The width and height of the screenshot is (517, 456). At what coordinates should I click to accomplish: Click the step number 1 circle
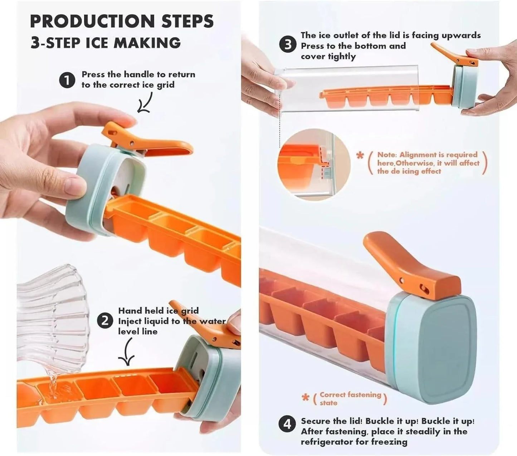pyautogui.click(x=67, y=80)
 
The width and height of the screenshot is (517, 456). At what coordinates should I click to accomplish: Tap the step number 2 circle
pyautogui.click(x=105, y=320)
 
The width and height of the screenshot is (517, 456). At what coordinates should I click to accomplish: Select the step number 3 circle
pyautogui.click(x=288, y=45)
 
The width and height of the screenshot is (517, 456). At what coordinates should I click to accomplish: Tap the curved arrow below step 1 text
pyautogui.click(x=145, y=103)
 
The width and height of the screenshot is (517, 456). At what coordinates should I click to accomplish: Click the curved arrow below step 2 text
pyautogui.click(x=127, y=353)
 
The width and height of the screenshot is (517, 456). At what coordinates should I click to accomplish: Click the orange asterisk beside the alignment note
pyautogui.click(x=360, y=156)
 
